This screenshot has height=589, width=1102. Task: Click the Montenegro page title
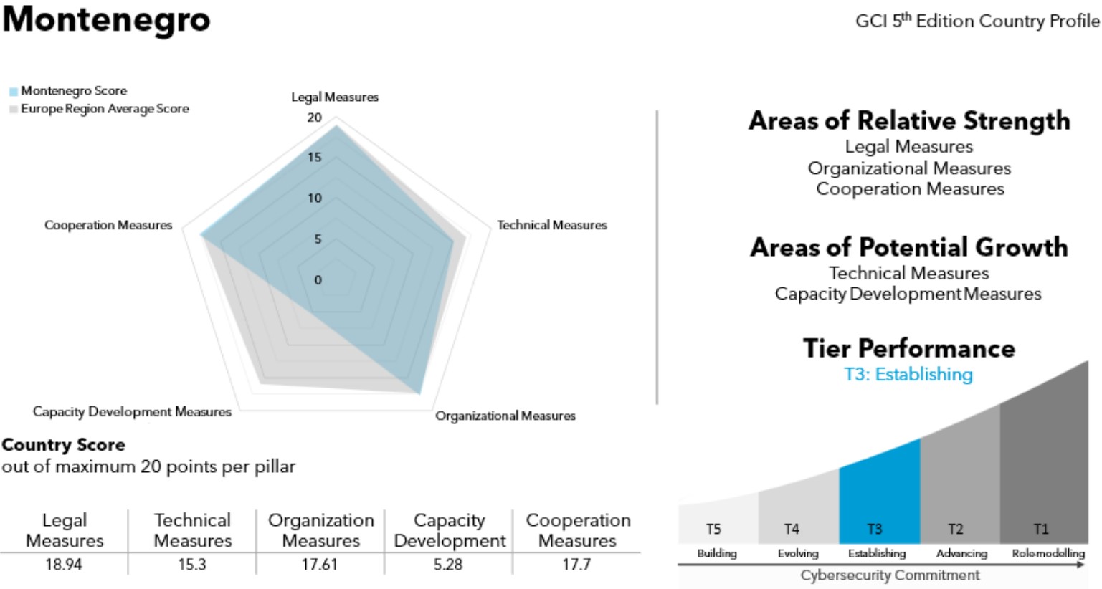pyautogui.click(x=106, y=19)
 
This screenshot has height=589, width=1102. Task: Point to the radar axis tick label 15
pyautogui.click(x=315, y=158)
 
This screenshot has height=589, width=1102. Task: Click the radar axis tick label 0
pyautogui.click(x=318, y=280)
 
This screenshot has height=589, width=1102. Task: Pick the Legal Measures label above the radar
pyautogui.click(x=335, y=97)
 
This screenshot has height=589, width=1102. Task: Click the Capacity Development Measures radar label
pyautogui.click(x=132, y=412)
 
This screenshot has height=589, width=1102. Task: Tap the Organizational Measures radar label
pyautogui.click(x=505, y=416)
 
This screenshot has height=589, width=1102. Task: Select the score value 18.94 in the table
pyautogui.click(x=64, y=565)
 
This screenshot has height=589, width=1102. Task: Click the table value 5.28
pyautogui.click(x=448, y=565)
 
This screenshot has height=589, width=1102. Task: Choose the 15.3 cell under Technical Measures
pyautogui.click(x=192, y=565)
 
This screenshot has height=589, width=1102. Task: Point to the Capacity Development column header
pyautogui.click(x=450, y=530)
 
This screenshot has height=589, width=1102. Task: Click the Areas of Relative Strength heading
pyautogui.click(x=909, y=120)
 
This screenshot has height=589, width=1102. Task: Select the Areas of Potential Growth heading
pyautogui.click(x=909, y=247)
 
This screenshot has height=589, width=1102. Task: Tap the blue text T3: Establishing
pyautogui.click(x=908, y=374)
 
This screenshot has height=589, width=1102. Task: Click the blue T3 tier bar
pyautogui.click(x=879, y=494)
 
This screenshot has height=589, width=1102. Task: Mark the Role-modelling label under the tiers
pyautogui.click(x=1048, y=553)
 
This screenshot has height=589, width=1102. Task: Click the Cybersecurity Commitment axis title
pyautogui.click(x=890, y=575)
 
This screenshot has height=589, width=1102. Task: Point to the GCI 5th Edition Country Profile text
pyautogui.click(x=977, y=21)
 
